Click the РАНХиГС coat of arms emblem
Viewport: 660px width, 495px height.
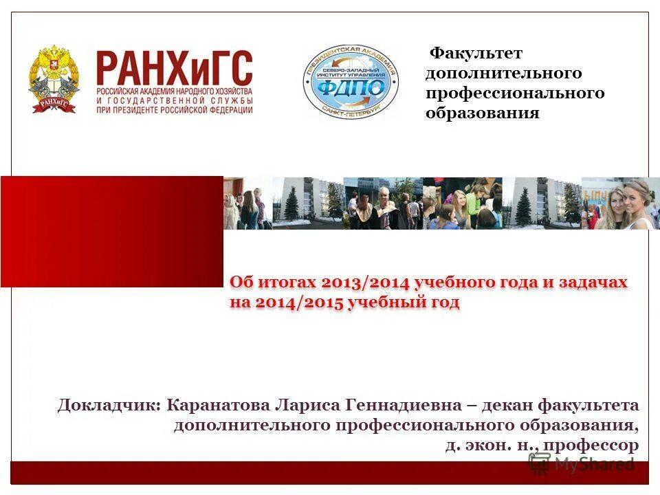tap(53, 79)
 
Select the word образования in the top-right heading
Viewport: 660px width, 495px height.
tap(482, 113)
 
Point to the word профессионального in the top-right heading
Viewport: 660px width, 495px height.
tap(515, 93)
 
